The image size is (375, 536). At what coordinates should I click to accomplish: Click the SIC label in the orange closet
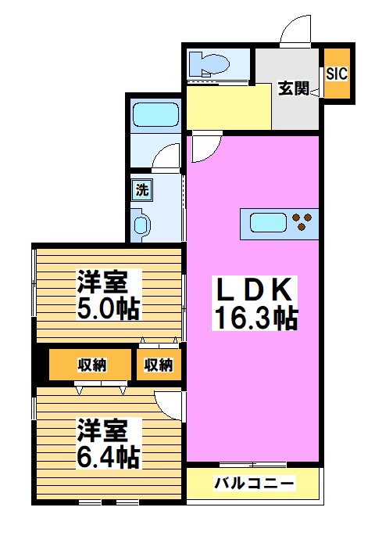coord(337,74)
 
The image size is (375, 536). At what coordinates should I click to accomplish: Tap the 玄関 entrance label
coord(295,88)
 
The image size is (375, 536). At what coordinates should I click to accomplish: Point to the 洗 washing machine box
coord(141,189)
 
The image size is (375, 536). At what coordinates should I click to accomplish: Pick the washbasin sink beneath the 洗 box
coord(141,226)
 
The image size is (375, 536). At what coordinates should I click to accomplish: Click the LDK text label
coord(254,290)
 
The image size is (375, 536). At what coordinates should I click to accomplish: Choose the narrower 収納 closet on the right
coord(159,365)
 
